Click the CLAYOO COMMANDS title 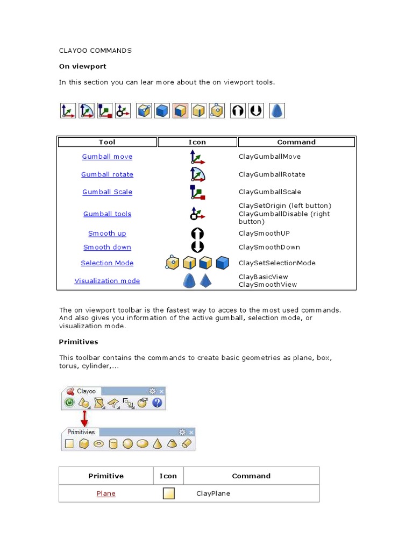(95, 51)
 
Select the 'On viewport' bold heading (82, 66)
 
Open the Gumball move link (107, 157)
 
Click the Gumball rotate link (107, 174)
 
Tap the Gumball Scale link (107, 192)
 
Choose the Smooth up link (107, 234)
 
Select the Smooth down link (107, 248)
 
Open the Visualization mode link (107, 281)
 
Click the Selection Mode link (107, 263)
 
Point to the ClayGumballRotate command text (272, 174)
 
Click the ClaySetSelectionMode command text (277, 263)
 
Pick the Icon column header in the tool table (197, 142)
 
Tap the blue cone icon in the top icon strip (276, 111)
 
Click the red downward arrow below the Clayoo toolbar (84, 419)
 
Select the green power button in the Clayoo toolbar (69, 402)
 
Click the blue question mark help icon (157, 402)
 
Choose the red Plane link (106, 493)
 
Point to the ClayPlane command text (213, 493)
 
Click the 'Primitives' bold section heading (79, 342)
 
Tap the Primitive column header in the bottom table (106, 476)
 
